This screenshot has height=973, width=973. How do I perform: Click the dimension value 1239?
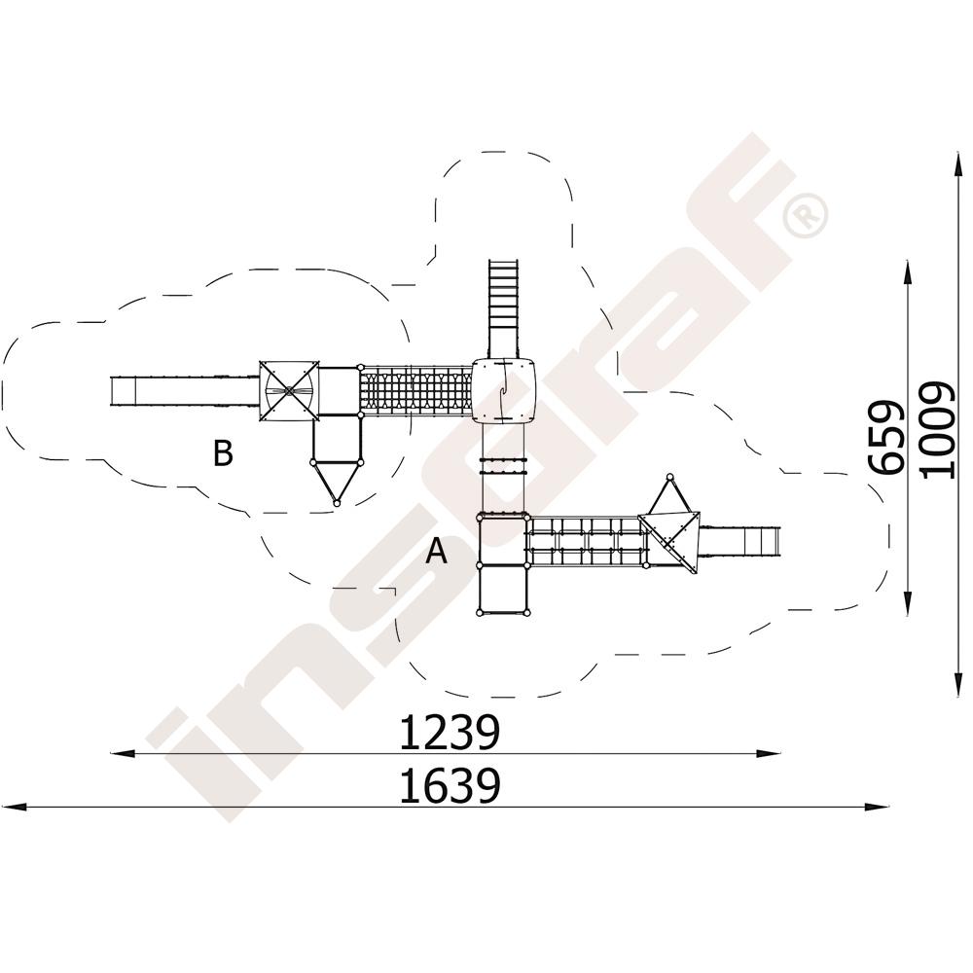pos(449,733)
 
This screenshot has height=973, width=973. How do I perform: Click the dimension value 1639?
pos(449,785)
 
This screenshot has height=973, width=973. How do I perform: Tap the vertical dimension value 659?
pos(885,438)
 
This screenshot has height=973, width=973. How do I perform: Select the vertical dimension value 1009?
pos(937,430)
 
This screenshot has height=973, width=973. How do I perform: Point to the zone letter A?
pos(437,551)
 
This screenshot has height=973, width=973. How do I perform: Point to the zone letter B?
pos(223,453)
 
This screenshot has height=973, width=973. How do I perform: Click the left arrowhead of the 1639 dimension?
pos(14,808)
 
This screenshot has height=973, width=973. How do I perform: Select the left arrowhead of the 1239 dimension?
pos(123,754)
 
